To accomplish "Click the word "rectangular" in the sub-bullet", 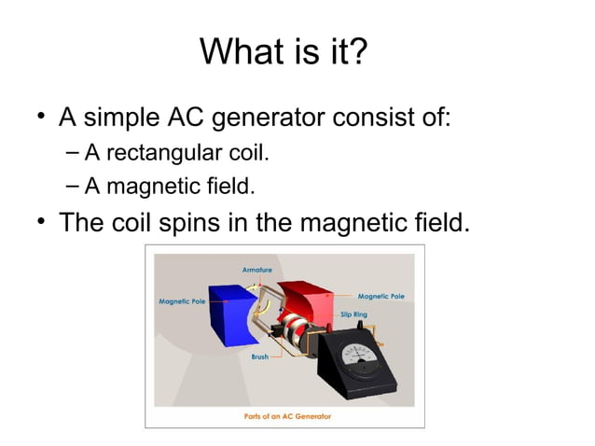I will point(156,152).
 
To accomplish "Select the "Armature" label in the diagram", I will point(257,270).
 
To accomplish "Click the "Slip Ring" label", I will point(353,314).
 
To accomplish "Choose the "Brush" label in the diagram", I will point(259,356).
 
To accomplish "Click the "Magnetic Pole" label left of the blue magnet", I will point(182,301).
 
